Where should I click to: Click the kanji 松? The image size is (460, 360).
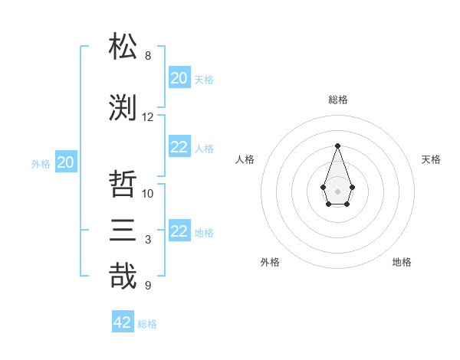123,47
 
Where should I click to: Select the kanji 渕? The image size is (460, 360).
123,108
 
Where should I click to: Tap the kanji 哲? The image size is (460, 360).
123,185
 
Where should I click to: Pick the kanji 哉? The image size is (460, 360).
123,277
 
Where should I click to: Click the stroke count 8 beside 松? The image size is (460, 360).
148,56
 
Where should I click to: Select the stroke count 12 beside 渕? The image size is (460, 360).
148,117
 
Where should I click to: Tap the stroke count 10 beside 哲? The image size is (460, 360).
148,194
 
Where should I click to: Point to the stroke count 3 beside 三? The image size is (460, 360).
148,240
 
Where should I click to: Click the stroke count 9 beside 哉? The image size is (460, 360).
148,286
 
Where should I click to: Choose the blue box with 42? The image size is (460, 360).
123,322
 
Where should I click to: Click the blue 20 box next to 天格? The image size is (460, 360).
179,77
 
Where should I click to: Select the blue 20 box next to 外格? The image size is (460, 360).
66,162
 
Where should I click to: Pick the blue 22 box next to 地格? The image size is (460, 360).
179,231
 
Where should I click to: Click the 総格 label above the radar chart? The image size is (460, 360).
337,100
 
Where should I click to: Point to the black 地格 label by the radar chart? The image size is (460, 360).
402,262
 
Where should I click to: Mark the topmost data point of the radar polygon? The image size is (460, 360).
337,145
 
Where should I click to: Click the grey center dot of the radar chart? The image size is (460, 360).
337,190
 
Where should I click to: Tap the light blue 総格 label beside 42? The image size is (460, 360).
147,324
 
